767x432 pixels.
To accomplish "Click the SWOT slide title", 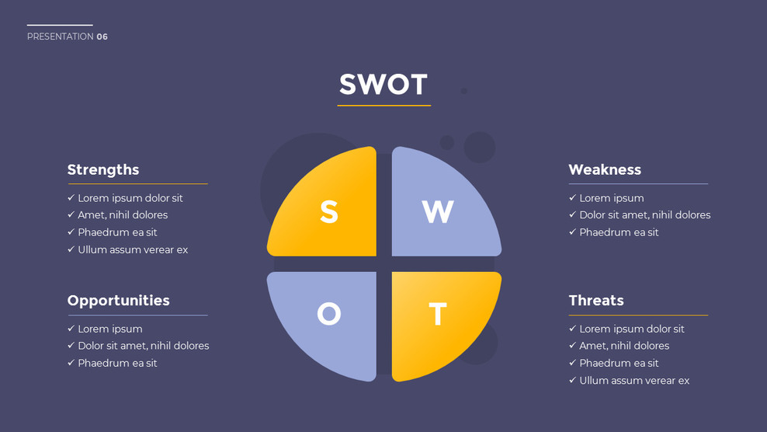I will [x=383, y=85].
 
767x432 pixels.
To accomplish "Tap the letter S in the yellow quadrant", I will [x=329, y=211].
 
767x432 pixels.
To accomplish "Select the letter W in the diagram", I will [x=438, y=211].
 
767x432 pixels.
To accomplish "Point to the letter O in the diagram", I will [x=329, y=314].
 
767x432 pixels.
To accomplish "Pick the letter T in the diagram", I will [x=438, y=314].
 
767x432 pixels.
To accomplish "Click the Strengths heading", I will [x=103, y=169].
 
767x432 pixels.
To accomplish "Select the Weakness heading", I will [x=605, y=169].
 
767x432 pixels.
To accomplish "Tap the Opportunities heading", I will [x=118, y=301].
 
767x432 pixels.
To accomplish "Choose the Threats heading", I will [x=596, y=301].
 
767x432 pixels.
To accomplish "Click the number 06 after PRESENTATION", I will [x=102, y=37].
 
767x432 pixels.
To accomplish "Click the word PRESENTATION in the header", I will [x=61, y=37].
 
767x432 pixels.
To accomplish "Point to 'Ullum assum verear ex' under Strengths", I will [x=133, y=249].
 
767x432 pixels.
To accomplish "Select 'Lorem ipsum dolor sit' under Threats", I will [x=632, y=329].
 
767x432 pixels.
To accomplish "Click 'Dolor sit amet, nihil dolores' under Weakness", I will [x=644, y=215].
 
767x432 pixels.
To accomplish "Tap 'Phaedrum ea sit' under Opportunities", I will [x=117, y=363].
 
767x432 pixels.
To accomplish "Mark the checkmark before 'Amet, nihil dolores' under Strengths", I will [x=71, y=215].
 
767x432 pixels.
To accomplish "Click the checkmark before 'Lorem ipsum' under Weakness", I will [x=573, y=198].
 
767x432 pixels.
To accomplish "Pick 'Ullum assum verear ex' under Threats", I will [x=634, y=381].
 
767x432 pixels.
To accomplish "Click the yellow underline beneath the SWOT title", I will [x=383, y=105].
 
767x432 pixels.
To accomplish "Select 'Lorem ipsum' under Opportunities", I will [x=110, y=329].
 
